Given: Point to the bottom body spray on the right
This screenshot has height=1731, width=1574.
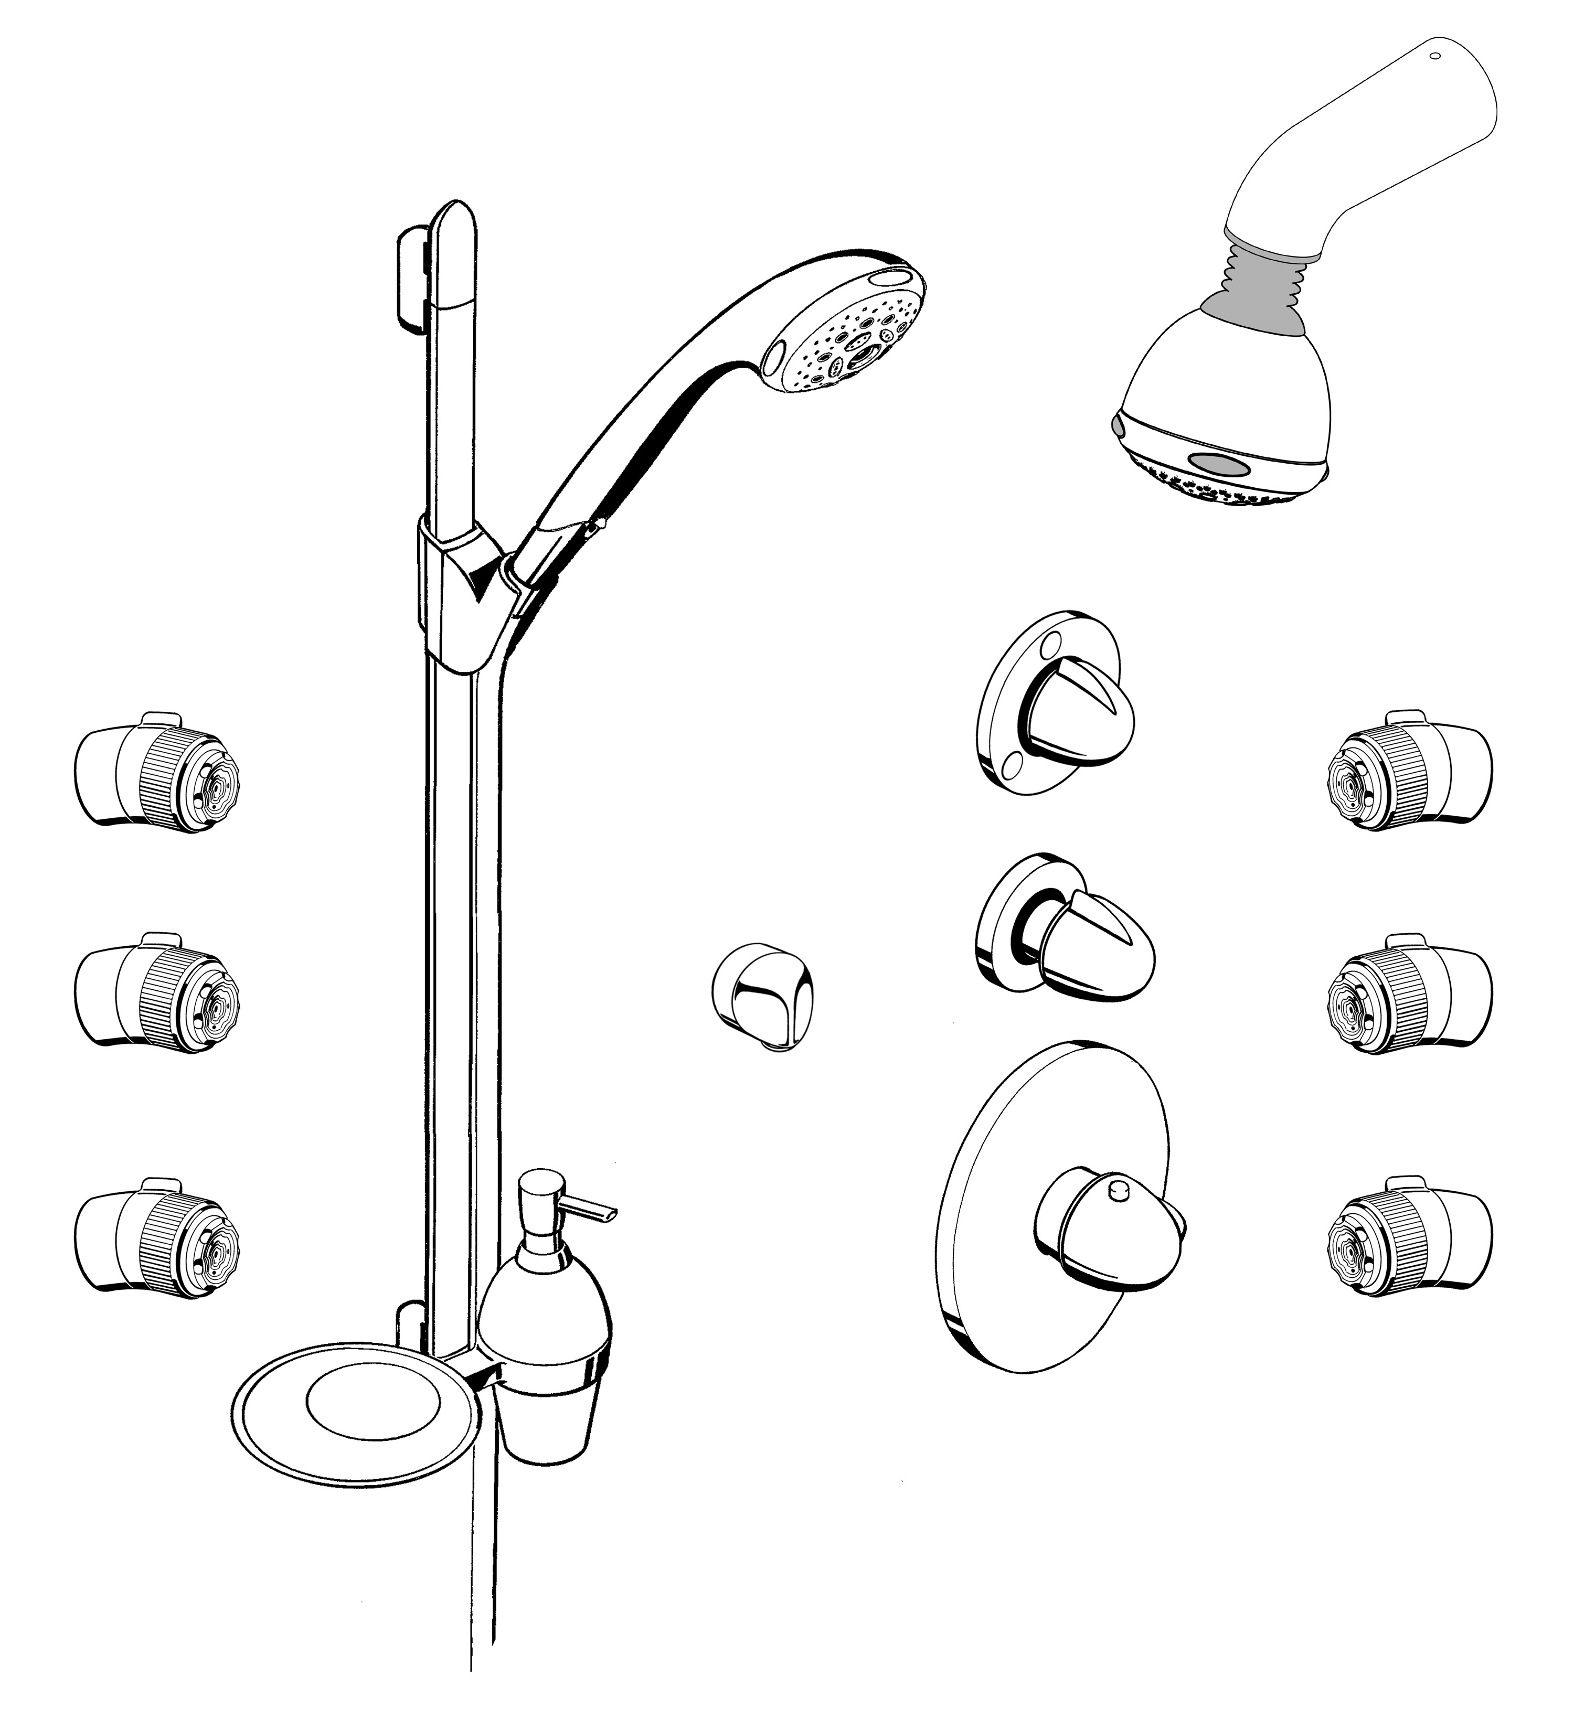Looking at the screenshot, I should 1408,1237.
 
